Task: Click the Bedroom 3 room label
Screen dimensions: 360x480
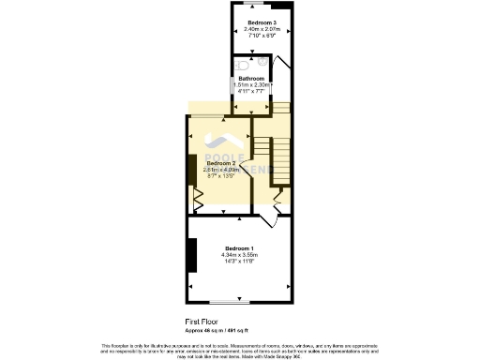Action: tap(262, 22)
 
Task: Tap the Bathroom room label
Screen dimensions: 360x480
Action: tap(251, 78)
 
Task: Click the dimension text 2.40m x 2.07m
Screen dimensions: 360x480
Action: tap(262, 29)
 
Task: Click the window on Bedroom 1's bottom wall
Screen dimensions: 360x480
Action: tap(229, 302)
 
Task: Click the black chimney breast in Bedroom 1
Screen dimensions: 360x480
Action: tap(192, 254)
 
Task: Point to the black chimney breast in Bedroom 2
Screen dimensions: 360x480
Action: tap(191, 170)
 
